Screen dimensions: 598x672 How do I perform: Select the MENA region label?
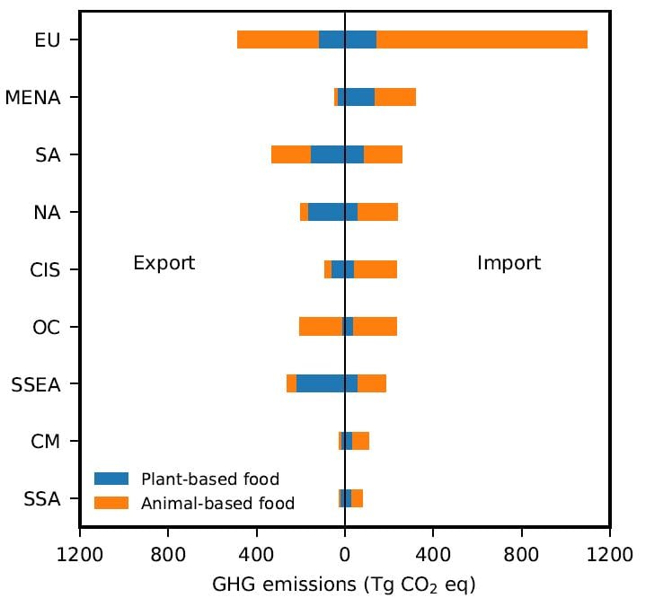33,97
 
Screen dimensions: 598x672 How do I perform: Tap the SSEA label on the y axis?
36,384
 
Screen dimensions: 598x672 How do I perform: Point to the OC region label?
46,327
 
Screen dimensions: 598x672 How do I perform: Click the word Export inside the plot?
164,263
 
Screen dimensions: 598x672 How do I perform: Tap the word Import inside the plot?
508,263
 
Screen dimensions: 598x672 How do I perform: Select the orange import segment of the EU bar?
482,40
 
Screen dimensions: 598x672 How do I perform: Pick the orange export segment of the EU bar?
278,40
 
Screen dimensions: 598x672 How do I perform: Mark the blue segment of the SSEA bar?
327,384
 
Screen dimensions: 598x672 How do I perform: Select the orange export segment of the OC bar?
321,327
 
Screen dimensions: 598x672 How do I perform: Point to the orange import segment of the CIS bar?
376,269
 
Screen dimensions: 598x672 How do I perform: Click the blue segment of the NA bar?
332,212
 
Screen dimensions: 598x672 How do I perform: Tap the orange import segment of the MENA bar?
395,97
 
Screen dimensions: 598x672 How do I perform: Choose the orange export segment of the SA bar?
291,154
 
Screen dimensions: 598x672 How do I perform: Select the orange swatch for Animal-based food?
112,503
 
